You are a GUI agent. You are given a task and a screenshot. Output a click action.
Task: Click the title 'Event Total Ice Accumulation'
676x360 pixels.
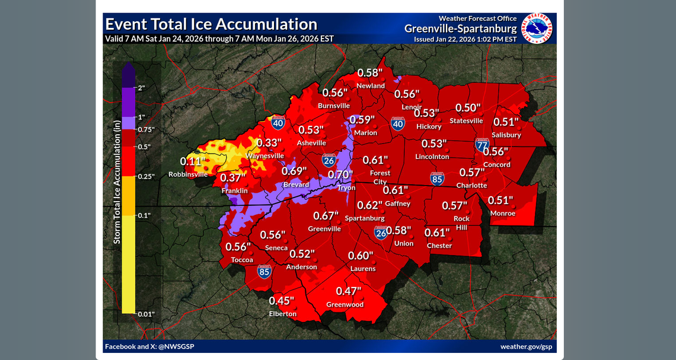point(211,24)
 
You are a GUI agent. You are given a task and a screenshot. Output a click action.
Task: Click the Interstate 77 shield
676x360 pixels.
point(482,145)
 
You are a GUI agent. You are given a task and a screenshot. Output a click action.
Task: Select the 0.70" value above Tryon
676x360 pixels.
point(340,176)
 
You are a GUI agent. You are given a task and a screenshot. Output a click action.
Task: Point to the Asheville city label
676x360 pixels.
point(311,143)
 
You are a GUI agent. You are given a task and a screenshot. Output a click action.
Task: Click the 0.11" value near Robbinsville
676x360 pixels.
point(193,161)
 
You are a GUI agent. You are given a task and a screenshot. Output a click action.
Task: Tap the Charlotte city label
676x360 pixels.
point(471,186)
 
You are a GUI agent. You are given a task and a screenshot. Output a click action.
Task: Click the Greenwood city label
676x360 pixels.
point(345,305)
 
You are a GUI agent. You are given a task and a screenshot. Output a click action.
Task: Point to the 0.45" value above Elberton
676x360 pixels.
point(282,301)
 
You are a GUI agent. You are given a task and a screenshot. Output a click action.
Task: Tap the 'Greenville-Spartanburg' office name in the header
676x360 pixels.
point(461,29)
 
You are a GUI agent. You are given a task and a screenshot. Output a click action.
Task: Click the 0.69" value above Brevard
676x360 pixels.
point(294,171)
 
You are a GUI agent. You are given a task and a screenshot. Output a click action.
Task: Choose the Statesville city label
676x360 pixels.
point(466,121)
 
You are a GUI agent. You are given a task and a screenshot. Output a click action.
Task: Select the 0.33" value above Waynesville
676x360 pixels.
point(269,143)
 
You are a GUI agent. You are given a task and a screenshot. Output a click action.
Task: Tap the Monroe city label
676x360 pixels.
point(502,214)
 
